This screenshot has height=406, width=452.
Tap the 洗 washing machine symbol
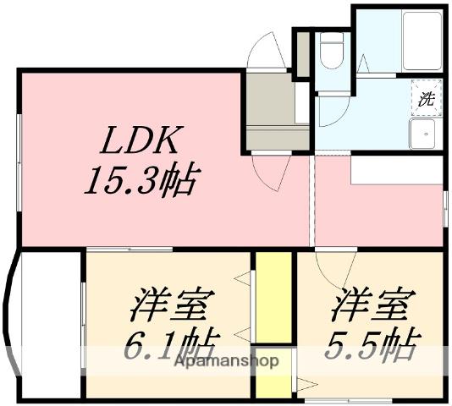(425, 97)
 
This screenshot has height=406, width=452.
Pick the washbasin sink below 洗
(422, 133)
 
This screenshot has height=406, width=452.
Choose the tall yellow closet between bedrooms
(273, 296)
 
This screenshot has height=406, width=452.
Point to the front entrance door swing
(268, 51)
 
